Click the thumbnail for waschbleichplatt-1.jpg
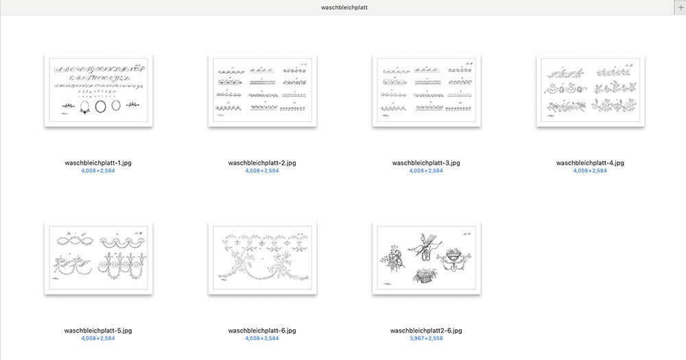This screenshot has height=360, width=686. [x=98, y=91]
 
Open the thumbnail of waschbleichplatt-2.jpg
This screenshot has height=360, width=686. [x=262, y=91]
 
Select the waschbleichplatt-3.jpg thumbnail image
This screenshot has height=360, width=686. [x=426, y=91]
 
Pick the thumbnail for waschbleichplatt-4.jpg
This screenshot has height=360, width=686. [x=590, y=91]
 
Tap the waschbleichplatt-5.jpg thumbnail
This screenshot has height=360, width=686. [x=98, y=258]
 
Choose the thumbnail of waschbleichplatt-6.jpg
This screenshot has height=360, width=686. [x=262, y=258]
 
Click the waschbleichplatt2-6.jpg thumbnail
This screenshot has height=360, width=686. [x=426, y=258]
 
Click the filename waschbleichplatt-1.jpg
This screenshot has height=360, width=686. [x=98, y=163]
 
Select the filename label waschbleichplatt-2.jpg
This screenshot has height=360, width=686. [x=262, y=163]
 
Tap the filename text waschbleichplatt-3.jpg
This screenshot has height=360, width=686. [x=426, y=163]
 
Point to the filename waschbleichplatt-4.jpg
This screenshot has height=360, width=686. [x=590, y=163]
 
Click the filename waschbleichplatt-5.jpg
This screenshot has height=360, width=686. [x=98, y=331]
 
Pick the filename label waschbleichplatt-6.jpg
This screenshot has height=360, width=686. [x=262, y=331]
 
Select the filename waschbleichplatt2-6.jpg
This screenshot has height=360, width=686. [x=426, y=331]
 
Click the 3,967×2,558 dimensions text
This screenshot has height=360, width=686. [x=426, y=338]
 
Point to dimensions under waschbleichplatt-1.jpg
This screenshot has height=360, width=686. [x=98, y=171]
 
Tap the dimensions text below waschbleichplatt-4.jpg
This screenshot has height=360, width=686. [x=590, y=171]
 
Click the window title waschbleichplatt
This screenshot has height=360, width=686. [x=342, y=7]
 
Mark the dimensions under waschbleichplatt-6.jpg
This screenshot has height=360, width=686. [x=262, y=338]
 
